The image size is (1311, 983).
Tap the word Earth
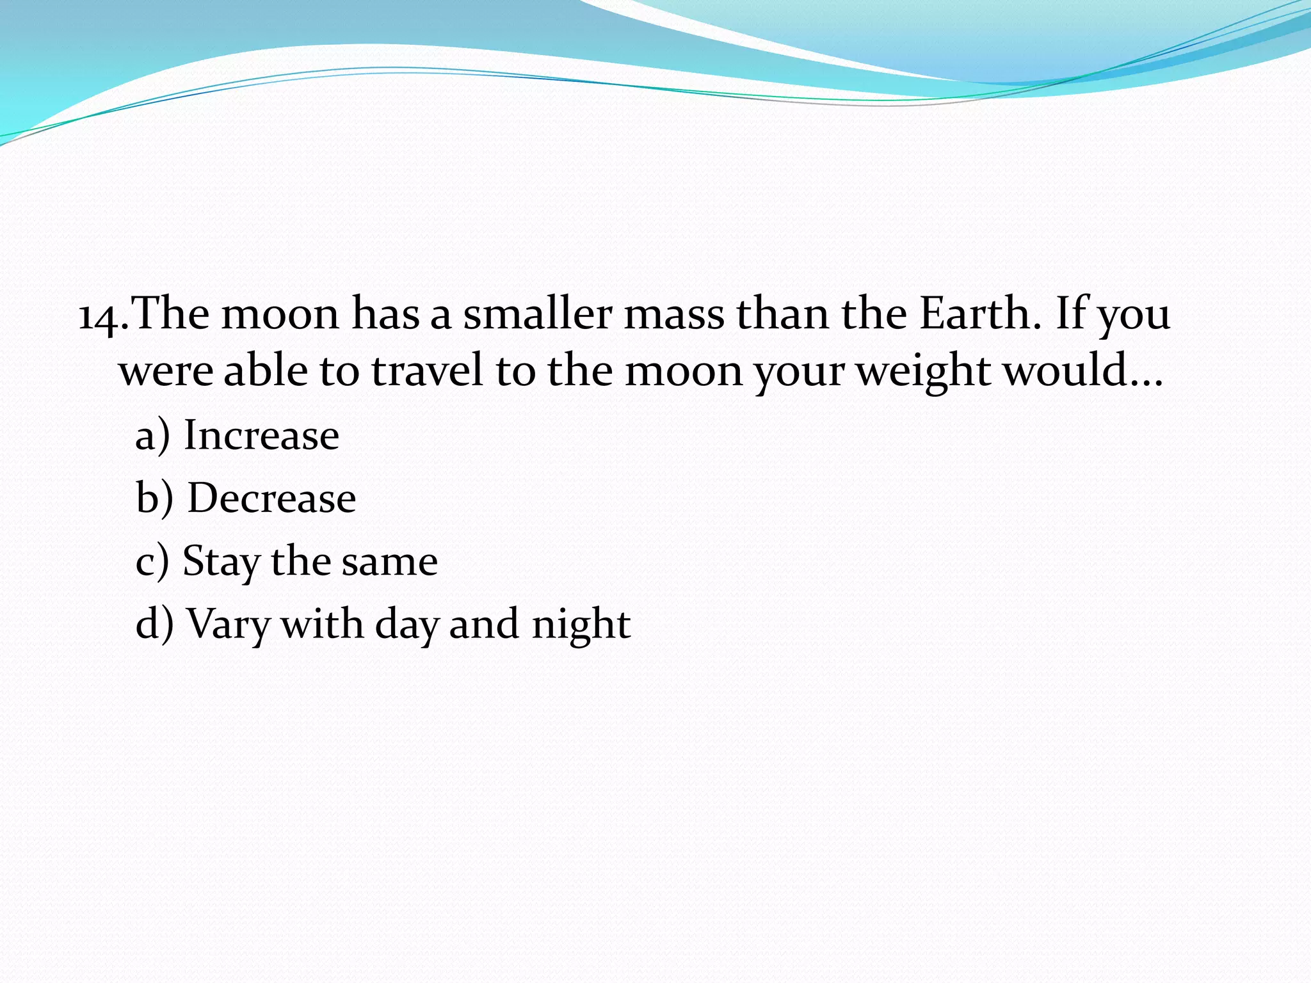click(x=976, y=314)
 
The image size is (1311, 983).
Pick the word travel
click(x=427, y=371)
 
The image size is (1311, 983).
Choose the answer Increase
click(x=261, y=435)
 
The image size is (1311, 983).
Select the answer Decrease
click(x=271, y=498)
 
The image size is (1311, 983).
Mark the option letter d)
click(x=154, y=624)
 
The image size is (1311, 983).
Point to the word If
click(x=1072, y=314)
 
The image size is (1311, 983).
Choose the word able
click(x=265, y=371)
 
